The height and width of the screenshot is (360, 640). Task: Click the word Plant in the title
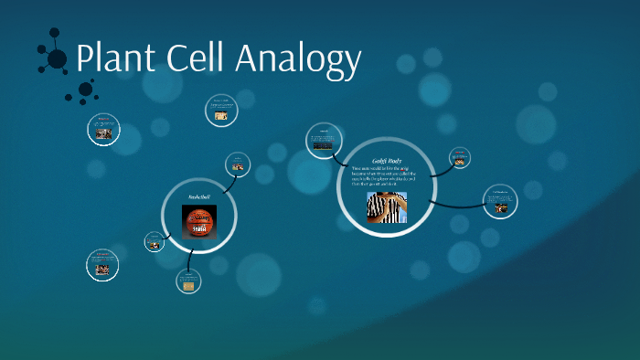click(x=117, y=58)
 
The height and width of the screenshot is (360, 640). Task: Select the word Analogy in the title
click(x=301, y=60)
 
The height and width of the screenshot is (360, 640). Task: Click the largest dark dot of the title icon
click(x=57, y=59)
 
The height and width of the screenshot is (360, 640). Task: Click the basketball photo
click(x=199, y=222)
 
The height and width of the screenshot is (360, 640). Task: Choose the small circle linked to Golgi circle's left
click(x=323, y=139)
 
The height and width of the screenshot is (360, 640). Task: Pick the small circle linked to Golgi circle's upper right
click(x=460, y=158)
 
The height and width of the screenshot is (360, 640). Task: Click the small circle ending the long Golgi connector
click(x=500, y=202)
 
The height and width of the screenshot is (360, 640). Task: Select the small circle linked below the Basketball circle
click(x=189, y=281)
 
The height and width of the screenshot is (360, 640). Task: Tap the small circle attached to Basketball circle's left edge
click(x=154, y=242)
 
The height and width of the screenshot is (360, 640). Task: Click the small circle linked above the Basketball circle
click(x=238, y=164)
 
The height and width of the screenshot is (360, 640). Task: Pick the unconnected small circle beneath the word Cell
click(x=221, y=111)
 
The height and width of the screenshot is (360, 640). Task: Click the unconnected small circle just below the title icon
click(x=103, y=129)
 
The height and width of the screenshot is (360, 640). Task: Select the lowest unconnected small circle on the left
click(x=103, y=265)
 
